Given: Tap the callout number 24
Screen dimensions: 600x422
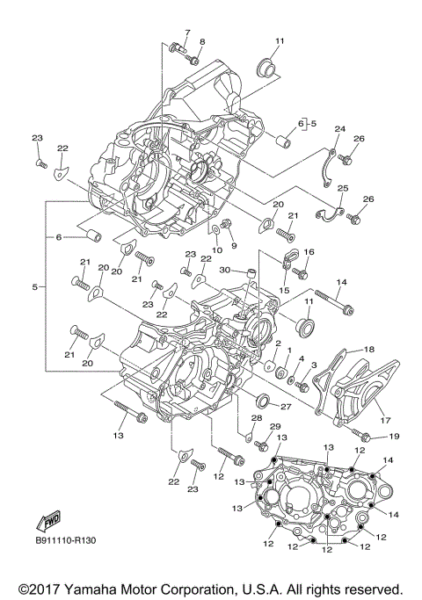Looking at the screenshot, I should (x=340, y=129).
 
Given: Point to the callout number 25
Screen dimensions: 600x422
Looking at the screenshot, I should (x=343, y=188).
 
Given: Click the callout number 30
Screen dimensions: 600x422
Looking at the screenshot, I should (x=225, y=270).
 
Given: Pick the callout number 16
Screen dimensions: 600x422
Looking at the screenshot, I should (x=309, y=252).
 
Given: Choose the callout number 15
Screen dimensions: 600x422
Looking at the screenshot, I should (x=284, y=289).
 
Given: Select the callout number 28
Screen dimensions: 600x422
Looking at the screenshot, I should (x=257, y=416).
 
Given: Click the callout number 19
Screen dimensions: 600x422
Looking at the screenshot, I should (x=393, y=436).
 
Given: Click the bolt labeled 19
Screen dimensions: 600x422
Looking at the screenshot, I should (x=360, y=432).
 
